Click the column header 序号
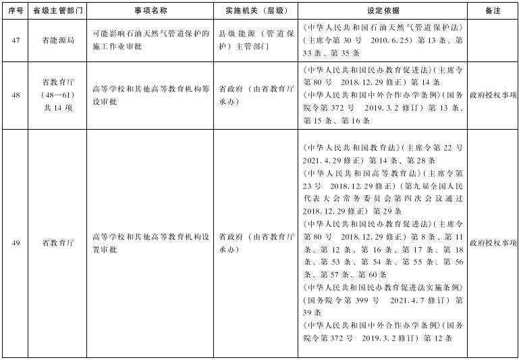click(15, 11)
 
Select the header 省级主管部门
click(58, 11)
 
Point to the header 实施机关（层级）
click(254, 11)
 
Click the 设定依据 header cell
click(383, 11)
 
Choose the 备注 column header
click(493, 11)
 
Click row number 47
click(15, 41)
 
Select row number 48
click(15, 95)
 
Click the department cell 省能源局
click(58, 41)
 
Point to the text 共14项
click(58, 107)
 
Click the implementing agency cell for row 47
click(254, 41)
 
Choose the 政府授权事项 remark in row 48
click(493, 95)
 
